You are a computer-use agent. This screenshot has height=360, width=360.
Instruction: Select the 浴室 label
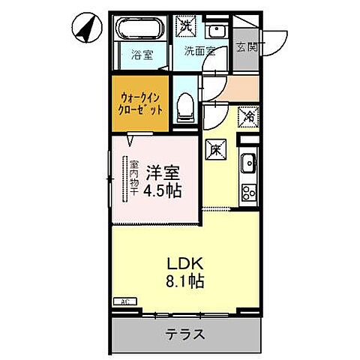coord(140,55)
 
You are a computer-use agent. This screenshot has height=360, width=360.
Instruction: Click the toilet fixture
coord(185,108)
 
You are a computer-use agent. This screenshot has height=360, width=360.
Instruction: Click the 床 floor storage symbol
coord(214,148)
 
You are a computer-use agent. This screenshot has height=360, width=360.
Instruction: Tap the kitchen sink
coord(247,163)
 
